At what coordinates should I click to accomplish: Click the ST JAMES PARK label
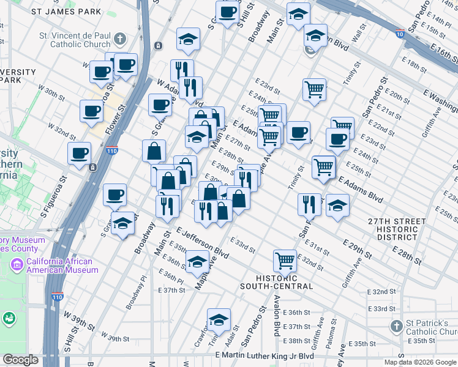[x=66, y=11]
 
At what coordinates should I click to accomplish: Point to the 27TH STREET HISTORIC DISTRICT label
[x=396, y=229]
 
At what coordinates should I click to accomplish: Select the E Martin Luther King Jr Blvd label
[x=265, y=356]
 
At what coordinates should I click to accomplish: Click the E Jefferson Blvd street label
[x=202, y=242]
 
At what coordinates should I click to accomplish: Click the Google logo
[x=20, y=360]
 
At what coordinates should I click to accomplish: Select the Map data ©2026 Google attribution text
[x=420, y=362]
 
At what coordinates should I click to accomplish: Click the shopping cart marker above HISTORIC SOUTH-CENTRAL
[x=285, y=261]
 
